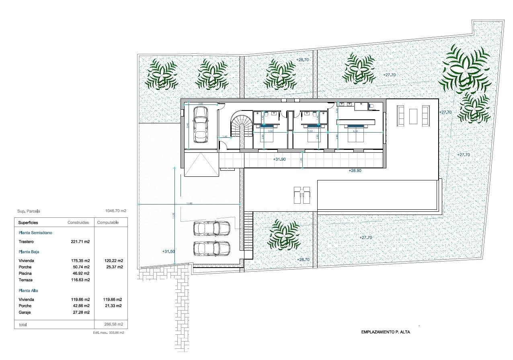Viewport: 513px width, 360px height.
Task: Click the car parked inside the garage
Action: click(200, 124)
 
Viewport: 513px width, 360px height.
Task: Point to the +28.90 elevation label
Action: click(355, 171)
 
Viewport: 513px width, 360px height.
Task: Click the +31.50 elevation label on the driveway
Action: click(169, 252)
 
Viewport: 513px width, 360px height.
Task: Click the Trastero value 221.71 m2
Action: click(80, 242)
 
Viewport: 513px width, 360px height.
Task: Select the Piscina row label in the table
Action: click(25, 273)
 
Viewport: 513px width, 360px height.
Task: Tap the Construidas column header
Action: click(78, 223)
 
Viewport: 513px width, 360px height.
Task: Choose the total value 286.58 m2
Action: click(113, 324)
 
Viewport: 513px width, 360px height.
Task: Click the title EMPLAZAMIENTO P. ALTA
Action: click(386, 332)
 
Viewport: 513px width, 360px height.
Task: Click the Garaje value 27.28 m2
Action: click(80, 312)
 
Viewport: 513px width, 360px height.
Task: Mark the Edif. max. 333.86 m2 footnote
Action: click(110, 333)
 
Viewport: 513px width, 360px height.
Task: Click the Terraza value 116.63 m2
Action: click(80, 280)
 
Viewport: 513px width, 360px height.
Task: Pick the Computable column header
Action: click(108, 223)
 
